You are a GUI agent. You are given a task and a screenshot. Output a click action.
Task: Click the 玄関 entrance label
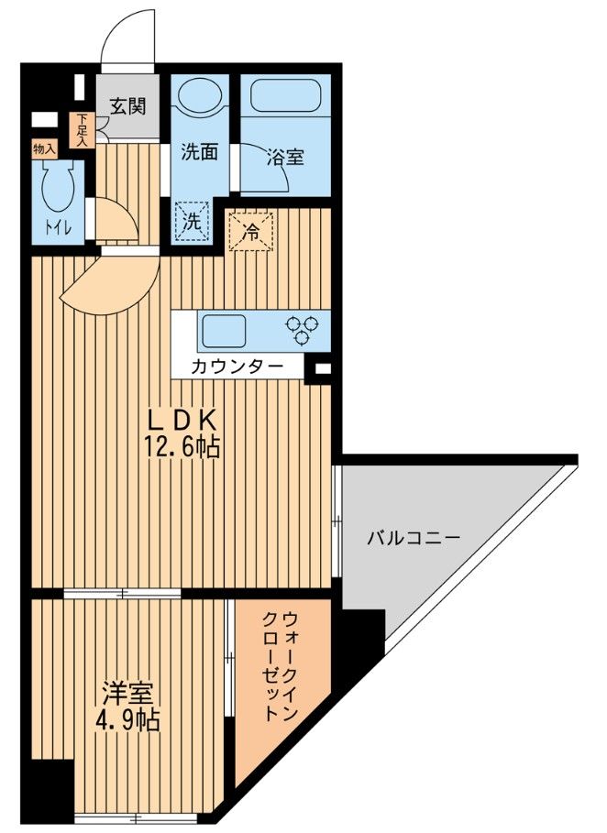[x=127, y=106]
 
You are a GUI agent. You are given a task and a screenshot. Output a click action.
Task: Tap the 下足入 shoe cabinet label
[x=83, y=129]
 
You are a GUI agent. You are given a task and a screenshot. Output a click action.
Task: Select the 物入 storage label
[x=44, y=148]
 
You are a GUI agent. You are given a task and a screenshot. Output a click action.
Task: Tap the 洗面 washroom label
[x=198, y=151]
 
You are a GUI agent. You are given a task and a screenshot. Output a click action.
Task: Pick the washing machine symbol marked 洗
[x=192, y=221]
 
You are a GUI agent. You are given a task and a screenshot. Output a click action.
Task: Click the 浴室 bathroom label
[x=285, y=157]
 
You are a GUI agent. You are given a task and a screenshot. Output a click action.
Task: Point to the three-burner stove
[x=303, y=328]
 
